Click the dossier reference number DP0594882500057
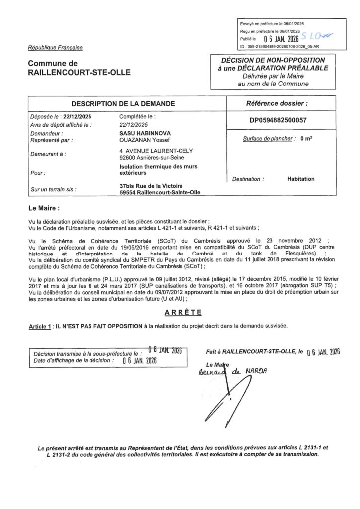278,120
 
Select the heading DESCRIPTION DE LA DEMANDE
123,104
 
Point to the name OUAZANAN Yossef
143,140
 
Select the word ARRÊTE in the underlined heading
183,312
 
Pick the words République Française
55,48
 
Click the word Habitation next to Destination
301,179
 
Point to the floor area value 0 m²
306,139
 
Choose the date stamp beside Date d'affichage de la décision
140,361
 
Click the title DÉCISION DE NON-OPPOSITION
273,60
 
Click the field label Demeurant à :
48,154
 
